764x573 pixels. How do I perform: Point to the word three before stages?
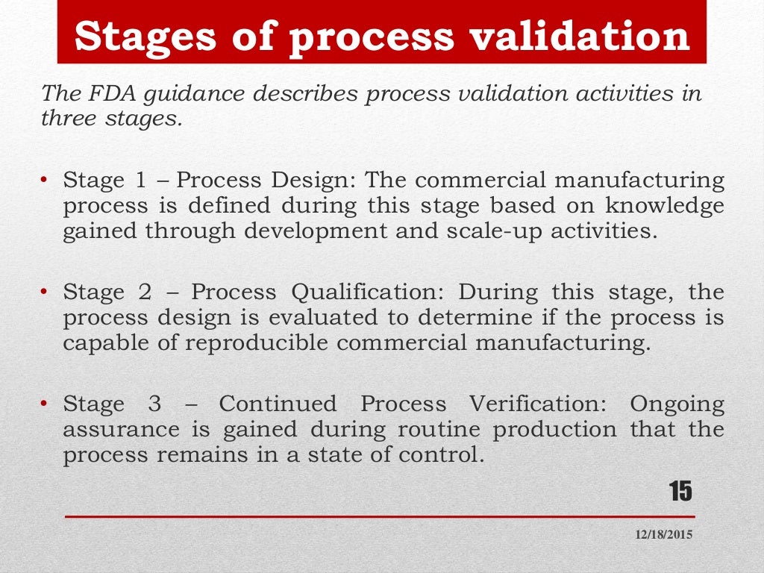[x=70, y=119]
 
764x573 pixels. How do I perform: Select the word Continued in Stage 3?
[x=278, y=404]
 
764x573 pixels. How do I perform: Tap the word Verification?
[x=538, y=404]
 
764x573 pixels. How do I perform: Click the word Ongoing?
[x=677, y=404]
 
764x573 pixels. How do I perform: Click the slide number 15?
[x=680, y=492]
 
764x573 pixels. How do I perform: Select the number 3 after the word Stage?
[x=154, y=404]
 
